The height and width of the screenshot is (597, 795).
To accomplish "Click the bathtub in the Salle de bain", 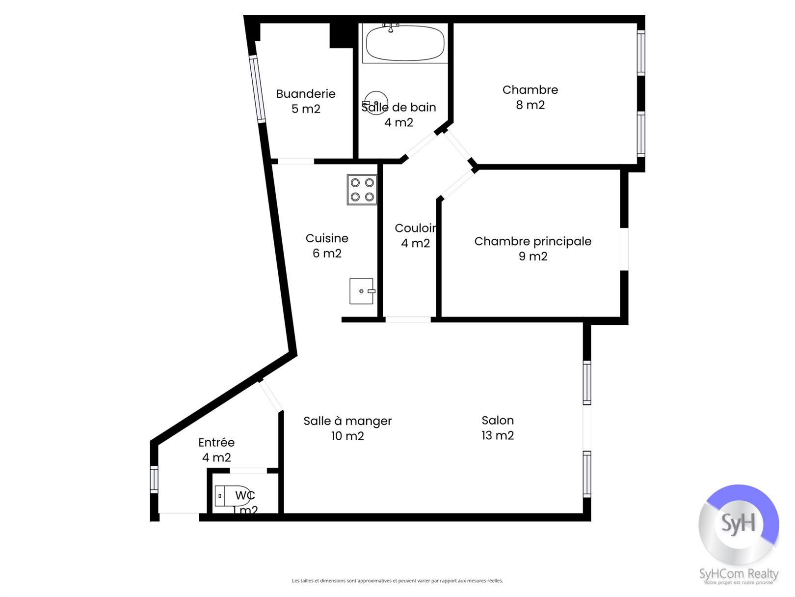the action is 405,43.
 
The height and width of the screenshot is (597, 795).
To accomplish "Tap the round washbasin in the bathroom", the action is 376,103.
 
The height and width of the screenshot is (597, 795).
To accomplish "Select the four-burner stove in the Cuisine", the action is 362,190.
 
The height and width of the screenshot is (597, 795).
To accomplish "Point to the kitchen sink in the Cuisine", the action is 362,291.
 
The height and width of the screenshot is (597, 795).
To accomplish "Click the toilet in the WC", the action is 232,495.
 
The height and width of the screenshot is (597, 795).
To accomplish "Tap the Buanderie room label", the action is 306,94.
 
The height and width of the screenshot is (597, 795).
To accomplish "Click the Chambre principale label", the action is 533,241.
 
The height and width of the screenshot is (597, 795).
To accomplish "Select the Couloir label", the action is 416,228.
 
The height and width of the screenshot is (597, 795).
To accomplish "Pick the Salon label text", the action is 498,420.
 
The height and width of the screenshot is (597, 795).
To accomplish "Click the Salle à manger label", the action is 348,421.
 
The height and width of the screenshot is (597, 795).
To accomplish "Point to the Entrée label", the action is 216,442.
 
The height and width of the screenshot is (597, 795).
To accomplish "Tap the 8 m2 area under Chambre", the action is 530,105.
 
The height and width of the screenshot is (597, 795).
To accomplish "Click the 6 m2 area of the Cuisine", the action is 327,254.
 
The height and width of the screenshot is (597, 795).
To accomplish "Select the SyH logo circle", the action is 739,524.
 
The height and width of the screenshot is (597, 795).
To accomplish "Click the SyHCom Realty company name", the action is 739,574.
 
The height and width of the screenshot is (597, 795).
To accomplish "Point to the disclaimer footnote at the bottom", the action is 397,581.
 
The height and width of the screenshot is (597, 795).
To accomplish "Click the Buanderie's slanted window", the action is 257,89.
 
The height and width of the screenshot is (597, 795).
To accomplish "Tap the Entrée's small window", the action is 154,479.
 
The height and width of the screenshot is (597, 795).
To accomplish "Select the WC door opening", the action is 248,471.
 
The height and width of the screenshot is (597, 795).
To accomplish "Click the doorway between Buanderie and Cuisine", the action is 296,161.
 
